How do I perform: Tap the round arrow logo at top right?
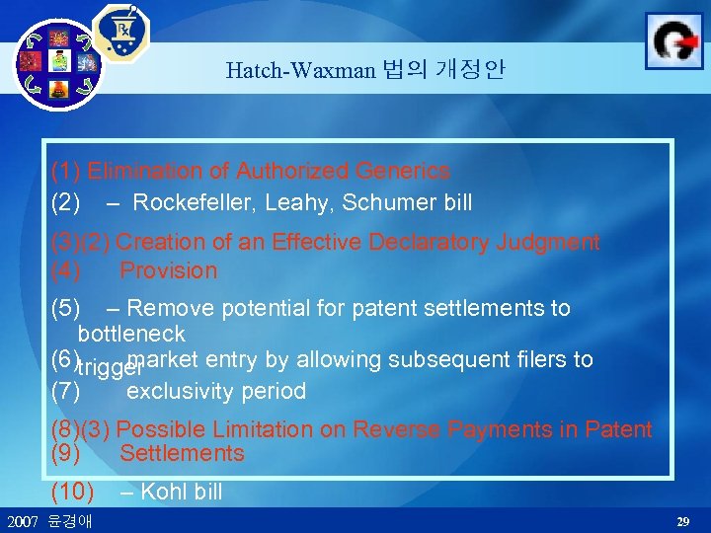click(673, 40)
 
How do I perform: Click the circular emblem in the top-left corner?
click(58, 64)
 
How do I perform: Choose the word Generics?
click(404, 172)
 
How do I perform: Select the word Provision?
click(168, 270)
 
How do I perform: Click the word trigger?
click(111, 369)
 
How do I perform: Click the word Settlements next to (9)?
click(182, 454)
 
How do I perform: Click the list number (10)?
click(72, 492)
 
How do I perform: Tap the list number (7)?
click(65, 391)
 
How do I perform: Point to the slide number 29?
click(682, 520)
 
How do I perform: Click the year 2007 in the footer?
click(23, 520)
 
